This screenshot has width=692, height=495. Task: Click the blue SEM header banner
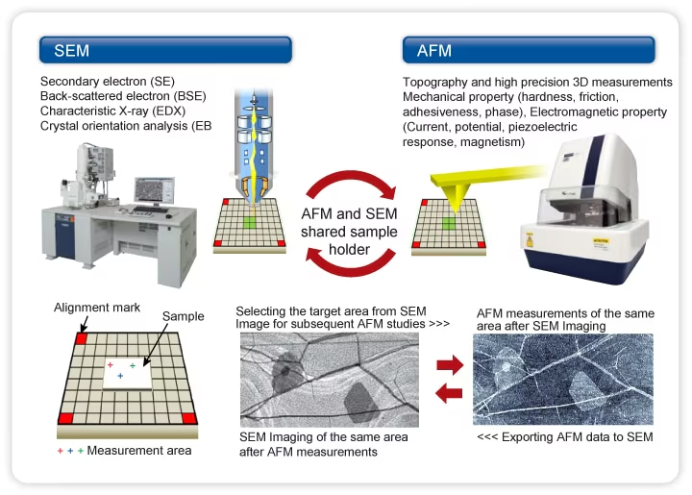coord(164,50)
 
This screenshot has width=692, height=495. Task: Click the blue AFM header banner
coord(528,50)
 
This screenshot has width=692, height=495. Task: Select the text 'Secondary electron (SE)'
coord(107,81)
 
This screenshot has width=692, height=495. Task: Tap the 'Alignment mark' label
coord(97,308)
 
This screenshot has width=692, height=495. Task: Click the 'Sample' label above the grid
coord(183,316)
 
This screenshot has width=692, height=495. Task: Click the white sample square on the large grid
coord(125,372)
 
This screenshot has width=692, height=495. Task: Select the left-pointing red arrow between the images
coord(449,393)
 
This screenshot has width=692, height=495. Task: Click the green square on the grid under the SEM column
coord(251,222)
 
